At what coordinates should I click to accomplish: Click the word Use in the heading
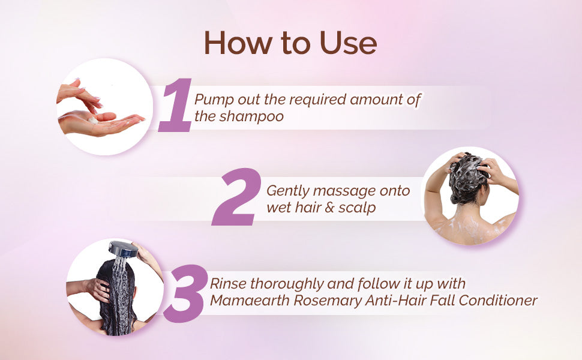pos(348,43)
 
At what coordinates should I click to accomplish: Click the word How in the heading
pos(238,43)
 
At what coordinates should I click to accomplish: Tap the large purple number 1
pos(175,104)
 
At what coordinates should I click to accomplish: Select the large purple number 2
pos(236,197)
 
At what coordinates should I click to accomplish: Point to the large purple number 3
pos(185,293)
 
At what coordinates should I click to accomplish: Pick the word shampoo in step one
pos(251,117)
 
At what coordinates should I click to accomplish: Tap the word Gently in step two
pos(288,191)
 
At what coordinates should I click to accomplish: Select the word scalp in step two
pos(357,208)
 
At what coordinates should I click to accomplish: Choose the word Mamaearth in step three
pos(250,300)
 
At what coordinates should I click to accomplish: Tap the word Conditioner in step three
pos(498,300)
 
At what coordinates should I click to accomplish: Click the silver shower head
pos(124,248)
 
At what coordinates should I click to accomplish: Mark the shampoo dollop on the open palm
pos(93,120)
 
